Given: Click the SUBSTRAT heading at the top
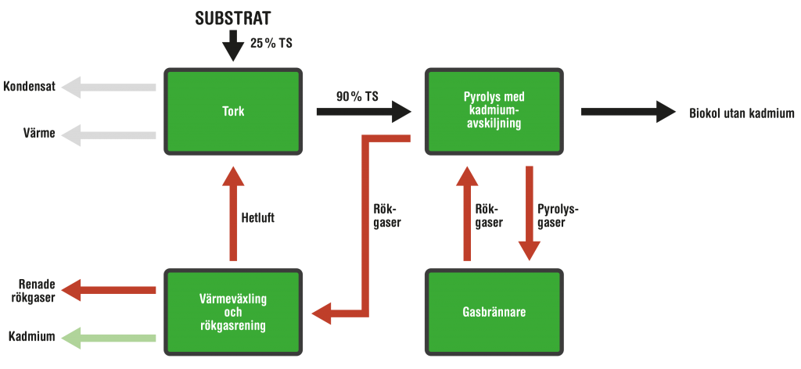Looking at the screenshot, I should coord(232,17).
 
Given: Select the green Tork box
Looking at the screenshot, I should coord(232,111).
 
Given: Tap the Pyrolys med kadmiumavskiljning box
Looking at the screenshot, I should coord(493,111).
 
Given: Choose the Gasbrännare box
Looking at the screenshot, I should coord(493,312).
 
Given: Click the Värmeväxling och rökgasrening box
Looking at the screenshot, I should coord(232,312).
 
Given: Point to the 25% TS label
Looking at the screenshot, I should coord(271,44).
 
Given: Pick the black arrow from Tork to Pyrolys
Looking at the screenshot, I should coord(363,112).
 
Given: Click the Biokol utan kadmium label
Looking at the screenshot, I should coord(742,113).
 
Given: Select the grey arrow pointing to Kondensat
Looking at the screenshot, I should coord(109,88).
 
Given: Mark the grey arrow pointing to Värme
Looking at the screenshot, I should coord(109,134).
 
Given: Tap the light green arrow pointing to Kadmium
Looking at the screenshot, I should coord(109,338).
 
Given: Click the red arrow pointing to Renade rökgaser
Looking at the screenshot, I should coord(109,290).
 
